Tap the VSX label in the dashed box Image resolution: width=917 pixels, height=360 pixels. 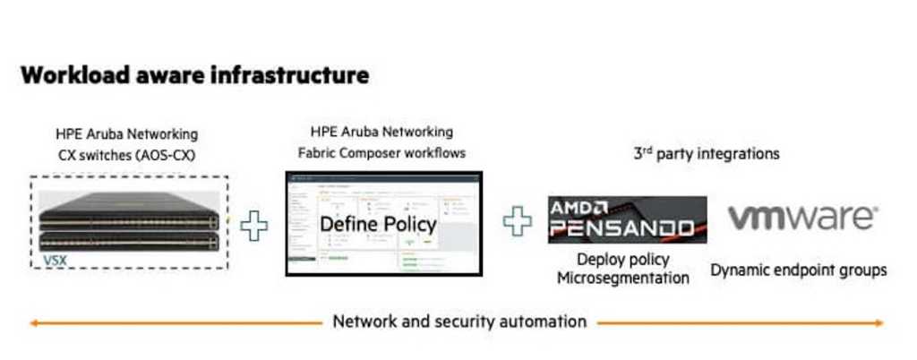56,261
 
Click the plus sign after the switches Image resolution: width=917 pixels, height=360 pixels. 254,225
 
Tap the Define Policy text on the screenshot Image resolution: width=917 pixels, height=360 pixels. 378,224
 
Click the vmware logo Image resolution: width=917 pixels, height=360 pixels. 802,218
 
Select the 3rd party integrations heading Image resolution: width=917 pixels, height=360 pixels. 706,153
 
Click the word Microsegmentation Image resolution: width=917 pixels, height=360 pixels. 623,278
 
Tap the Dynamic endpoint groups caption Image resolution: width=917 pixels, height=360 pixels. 799,270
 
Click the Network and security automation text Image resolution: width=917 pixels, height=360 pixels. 459,321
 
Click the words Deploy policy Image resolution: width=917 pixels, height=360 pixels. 624,260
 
